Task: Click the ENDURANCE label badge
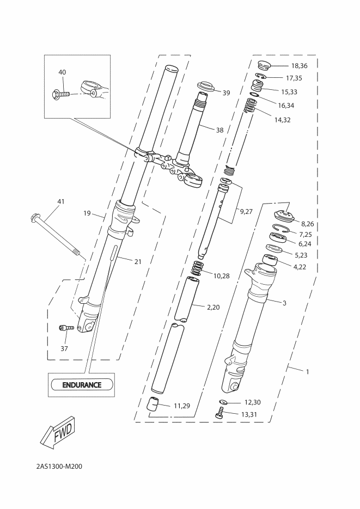click(x=82, y=385)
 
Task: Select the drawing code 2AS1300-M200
click(x=59, y=467)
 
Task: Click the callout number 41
click(x=61, y=201)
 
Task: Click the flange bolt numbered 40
click(x=61, y=95)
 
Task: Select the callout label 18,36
click(x=300, y=65)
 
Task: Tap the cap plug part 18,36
click(x=264, y=65)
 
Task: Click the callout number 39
click(x=226, y=93)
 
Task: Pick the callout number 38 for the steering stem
click(x=220, y=130)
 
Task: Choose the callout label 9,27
click(x=246, y=212)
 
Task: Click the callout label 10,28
click(x=221, y=276)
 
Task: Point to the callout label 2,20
click(x=213, y=307)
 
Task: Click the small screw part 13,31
click(x=220, y=413)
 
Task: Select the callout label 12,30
click(x=253, y=402)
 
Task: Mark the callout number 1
click(x=307, y=372)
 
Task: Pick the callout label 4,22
click(x=300, y=267)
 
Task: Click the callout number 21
click(x=138, y=261)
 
